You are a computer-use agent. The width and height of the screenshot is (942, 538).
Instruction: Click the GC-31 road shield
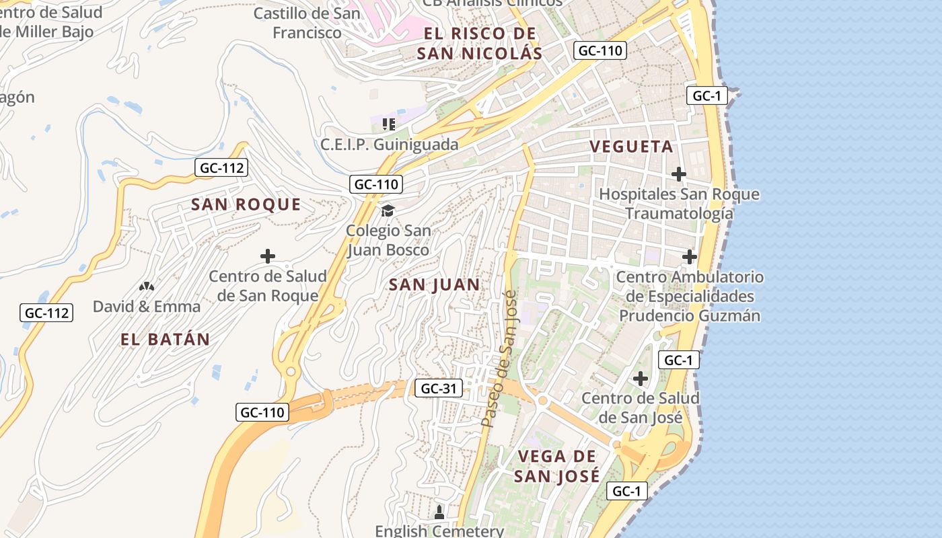click(x=438, y=388)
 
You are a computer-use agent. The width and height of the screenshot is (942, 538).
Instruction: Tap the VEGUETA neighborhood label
click(x=631, y=147)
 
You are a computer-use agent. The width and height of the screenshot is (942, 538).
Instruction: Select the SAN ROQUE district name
click(x=246, y=204)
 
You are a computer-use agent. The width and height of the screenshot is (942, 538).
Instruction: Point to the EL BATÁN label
click(x=166, y=340)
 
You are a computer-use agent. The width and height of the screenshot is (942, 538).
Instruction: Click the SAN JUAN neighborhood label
click(x=435, y=285)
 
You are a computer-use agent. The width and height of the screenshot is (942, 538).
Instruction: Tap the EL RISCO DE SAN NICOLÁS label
click(x=479, y=44)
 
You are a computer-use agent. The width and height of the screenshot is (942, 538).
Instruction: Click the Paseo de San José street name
click(x=499, y=359)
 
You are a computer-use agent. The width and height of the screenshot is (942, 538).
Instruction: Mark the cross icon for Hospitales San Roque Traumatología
click(x=678, y=174)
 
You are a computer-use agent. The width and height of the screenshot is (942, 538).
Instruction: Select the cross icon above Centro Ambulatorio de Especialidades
click(x=689, y=256)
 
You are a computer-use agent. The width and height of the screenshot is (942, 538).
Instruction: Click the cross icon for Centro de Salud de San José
click(x=640, y=379)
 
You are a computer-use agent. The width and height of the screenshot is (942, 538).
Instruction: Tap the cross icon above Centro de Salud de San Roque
click(x=268, y=256)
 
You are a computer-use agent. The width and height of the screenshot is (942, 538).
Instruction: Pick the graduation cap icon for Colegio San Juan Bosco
click(x=388, y=211)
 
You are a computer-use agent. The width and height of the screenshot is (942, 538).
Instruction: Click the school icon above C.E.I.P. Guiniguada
click(x=388, y=124)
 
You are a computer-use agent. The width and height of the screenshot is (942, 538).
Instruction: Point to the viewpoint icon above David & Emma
click(x=146, y=286)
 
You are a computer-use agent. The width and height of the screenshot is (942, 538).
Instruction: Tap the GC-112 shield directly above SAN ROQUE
click(x=221, y=167)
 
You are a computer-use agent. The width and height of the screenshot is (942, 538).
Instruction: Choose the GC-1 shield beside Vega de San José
click(x=626, y=491)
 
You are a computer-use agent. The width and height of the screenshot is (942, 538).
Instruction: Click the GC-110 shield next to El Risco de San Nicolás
click(x=600, y=50)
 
